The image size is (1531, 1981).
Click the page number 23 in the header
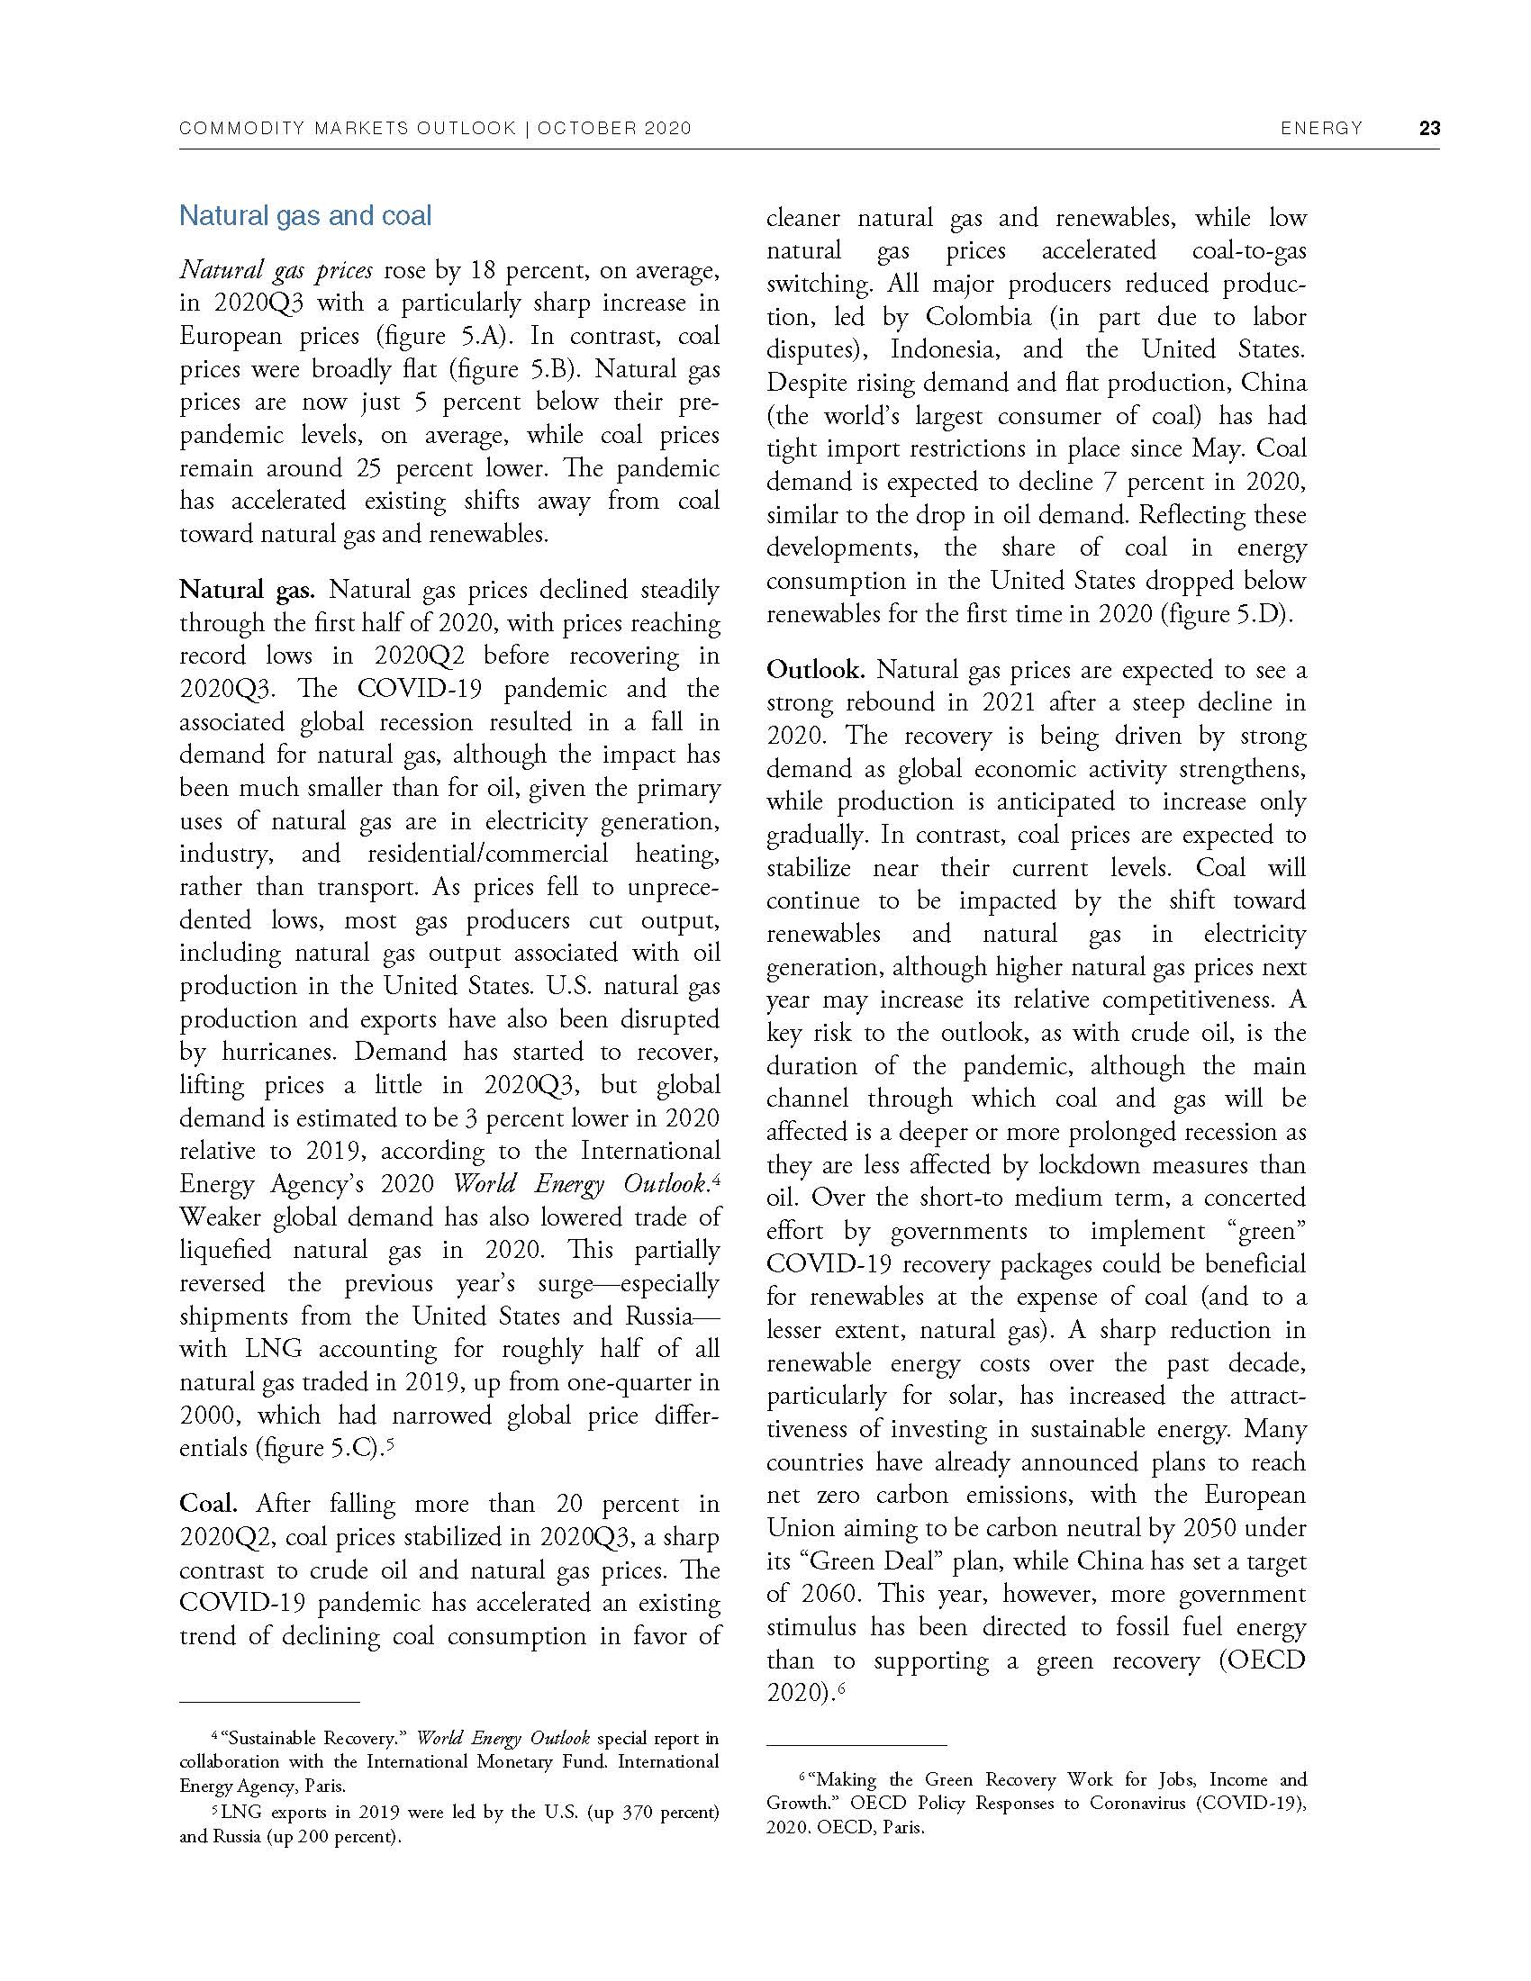[x=1429, y=128]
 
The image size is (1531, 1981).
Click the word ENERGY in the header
[x=1321, y=128]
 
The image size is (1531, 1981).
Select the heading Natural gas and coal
[x=304, y=216]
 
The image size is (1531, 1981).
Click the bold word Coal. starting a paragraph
[x=209, y=1504]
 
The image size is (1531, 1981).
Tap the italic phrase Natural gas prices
[x=276, y=270]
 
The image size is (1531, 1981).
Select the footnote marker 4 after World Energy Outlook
[x=716, y=1179]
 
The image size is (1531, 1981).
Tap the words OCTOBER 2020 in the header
[x=614, y=128]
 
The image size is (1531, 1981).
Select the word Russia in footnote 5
[x=236, y=1837]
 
